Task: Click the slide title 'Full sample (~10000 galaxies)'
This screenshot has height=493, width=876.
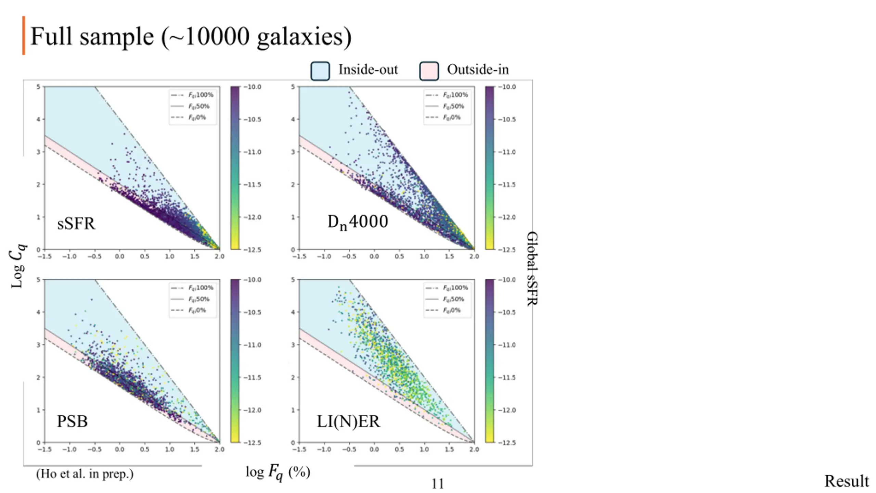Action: pos(191,37)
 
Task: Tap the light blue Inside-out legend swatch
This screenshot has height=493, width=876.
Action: pos(320,71)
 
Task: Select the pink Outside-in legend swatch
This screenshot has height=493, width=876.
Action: pos(429,71)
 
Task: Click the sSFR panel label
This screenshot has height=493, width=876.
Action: pos(76,224)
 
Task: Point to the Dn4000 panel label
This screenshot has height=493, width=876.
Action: pos(358,222)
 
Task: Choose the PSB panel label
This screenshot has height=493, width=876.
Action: pos(72,421)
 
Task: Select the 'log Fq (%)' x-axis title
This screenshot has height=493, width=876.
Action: pos(278,472)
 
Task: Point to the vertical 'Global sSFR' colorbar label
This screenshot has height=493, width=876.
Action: pos(532,268)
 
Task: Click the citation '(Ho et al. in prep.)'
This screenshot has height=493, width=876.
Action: pos(85,474)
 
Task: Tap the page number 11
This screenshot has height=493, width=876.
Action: pos(437,484)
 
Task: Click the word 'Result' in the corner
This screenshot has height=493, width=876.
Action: pos(846,481)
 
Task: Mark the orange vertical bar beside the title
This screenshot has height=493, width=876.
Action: pos(24,35)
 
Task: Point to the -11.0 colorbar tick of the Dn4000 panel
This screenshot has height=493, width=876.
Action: pos(507,152)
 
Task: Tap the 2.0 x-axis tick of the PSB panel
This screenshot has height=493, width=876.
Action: pos(219,449)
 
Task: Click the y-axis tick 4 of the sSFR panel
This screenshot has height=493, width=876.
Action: pos(38,119)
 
